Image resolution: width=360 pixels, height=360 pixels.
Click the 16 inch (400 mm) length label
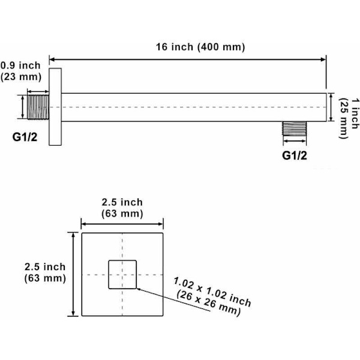[200, 47]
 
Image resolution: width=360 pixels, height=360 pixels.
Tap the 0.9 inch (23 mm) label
[20, 71]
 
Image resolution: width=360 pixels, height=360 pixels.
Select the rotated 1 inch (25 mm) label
[349, 118]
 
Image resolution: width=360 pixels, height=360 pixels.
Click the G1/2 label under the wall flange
[25, 137]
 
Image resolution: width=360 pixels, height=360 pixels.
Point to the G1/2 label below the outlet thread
[295, 155]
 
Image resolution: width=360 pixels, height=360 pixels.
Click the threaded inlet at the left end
[38, 107]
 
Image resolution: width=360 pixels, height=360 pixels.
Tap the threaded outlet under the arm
[295, 128]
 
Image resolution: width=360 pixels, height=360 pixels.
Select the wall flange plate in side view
[55, 107]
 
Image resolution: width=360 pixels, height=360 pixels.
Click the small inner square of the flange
[122, 274]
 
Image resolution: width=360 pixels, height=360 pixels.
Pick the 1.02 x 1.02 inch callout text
[212, 296]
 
